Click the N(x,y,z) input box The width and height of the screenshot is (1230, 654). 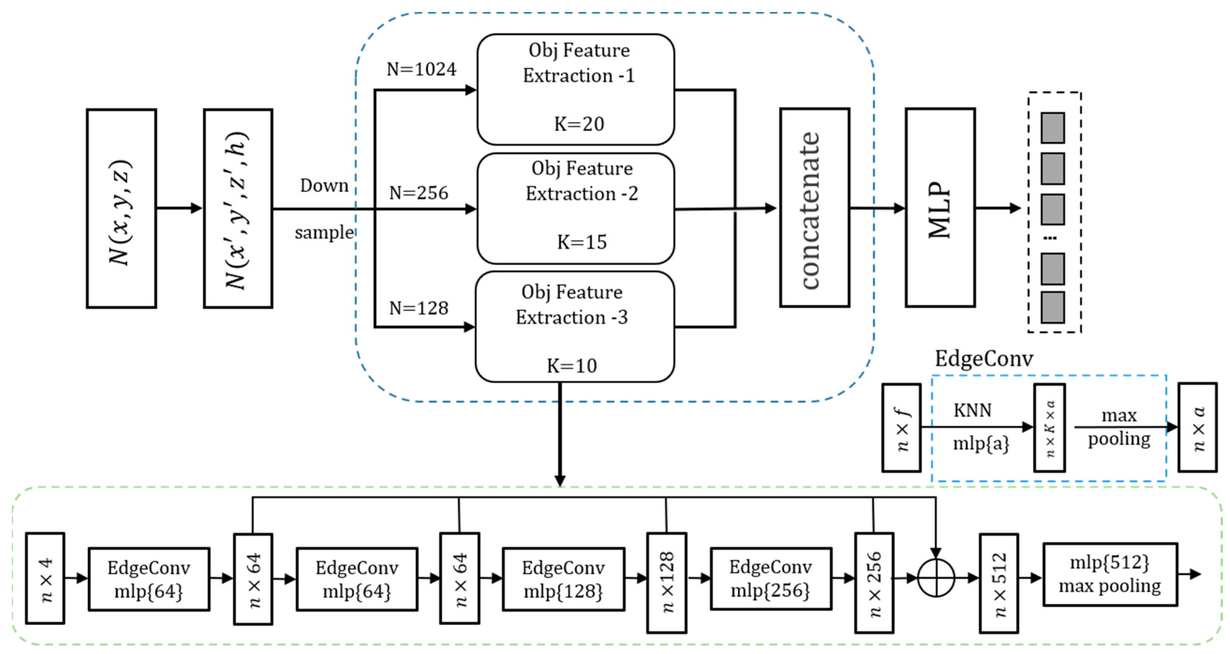tap(121, 209)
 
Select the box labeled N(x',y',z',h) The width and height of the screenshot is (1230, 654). tap(238, 209)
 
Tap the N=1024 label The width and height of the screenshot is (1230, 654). tap(421, 70)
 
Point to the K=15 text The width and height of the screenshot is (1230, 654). tap(582, 242)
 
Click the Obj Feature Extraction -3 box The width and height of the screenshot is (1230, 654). tap(575, 327)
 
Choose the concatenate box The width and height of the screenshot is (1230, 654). tap(814, 208)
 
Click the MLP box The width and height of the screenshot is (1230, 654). tap(940, 208)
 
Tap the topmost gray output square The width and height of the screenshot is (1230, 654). tap(1052, 128)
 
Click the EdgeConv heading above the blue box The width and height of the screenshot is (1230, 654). tap(983, 358)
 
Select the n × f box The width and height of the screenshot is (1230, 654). tap(901, 428)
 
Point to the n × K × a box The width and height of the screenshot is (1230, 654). tap(1049, 428)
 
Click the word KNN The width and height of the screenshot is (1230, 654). tap(972, 410)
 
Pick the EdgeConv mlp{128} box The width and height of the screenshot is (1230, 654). tap(563, 579)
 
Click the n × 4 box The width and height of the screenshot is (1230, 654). tap(45, 578)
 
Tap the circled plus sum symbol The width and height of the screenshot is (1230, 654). tap(936, 578)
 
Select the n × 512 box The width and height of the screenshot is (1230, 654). tap(998, 583)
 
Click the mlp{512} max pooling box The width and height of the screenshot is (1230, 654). tap(1110, 574)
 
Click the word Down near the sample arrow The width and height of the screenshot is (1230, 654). tap(324, 186)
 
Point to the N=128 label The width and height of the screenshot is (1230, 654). tap(419, 308)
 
